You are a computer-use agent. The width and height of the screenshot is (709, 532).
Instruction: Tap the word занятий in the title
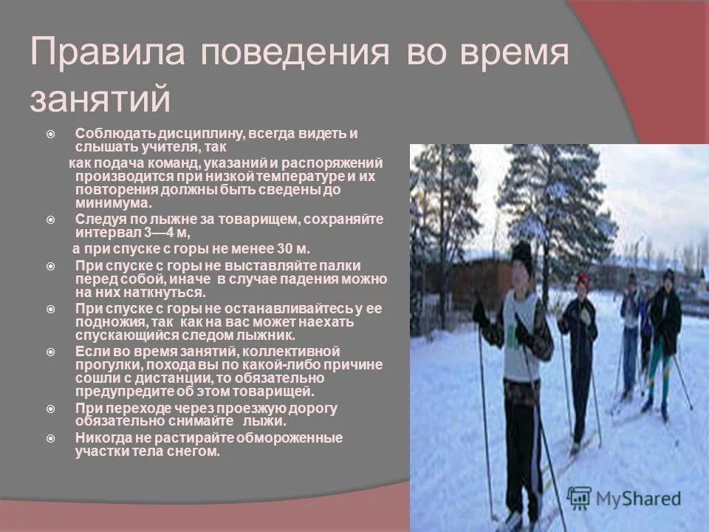(100, 99)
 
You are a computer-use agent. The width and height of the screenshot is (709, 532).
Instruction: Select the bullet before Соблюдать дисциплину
(49, 134)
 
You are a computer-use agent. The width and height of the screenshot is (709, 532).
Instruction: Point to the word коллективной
(295, 350)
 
